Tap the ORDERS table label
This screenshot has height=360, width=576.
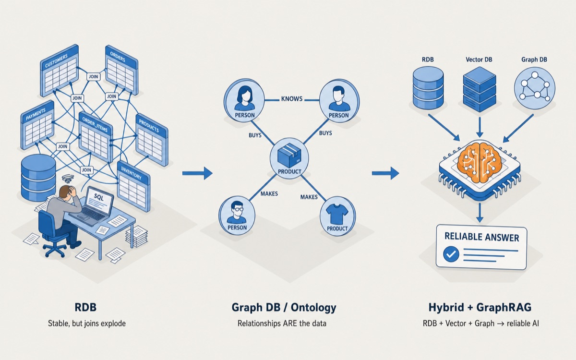pyautogui.click(x=118, y=57)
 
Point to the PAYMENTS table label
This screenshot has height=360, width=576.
pyautogui.click(x=36, y=114)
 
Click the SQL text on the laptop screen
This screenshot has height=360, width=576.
pyautogui.click(x=99, y=197)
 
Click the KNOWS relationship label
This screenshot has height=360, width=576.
pyautogui.click(x=292, y=99)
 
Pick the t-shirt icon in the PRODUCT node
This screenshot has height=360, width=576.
pyautogui.click(x=337, y=214)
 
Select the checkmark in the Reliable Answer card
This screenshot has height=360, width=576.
pyautogui.click(x=451, y=254)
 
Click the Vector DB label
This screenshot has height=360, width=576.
pyautogui.click(x=479, y=60)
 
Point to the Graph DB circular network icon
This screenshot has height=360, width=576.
pyautogui.click(x=535, y=88)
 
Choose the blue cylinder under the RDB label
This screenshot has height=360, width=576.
pyautogui.click(x=428, y=88)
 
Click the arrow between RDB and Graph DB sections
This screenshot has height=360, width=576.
pyautogui.click(x=197, y=173)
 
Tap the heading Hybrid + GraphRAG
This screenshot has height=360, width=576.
pyautogui.click(x=480, y=307)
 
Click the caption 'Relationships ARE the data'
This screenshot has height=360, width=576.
pyautogui.click(x=282, y=323)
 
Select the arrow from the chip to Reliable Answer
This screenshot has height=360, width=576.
pyautogui.click(x=480, y=212)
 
